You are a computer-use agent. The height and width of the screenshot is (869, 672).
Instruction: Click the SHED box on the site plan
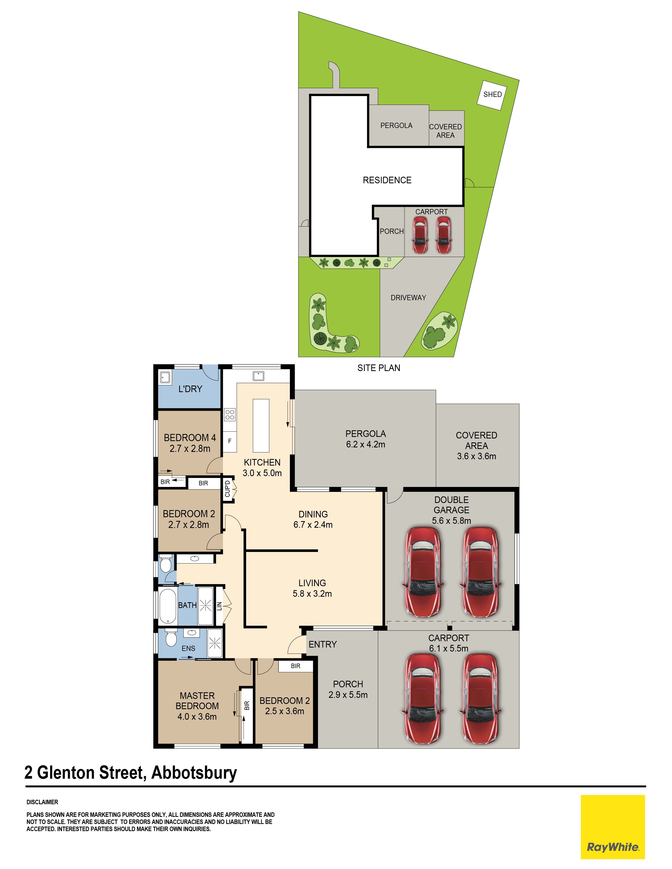(x=493, y=95)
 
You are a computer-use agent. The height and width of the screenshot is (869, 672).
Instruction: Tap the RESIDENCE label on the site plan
(x=387, y=180)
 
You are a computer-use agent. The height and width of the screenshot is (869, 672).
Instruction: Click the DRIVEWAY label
(x=408, y=298)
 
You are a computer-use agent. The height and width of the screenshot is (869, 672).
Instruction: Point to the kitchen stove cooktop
(x=230, y=414)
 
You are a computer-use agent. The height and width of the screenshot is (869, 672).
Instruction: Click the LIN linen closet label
(x=219, y=606)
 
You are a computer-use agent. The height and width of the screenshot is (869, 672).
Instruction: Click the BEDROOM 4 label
(x=190, y=438)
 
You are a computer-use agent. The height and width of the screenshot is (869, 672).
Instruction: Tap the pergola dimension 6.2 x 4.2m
(x=366, y=445)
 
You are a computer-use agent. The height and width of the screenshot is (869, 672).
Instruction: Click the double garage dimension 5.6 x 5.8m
(x=451, y=520)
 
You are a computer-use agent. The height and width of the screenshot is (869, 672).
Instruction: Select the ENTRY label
(x=323, y=644)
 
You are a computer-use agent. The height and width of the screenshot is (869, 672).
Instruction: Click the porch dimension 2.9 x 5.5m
(x=348, y=695)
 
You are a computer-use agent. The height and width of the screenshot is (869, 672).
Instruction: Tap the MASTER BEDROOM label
(x=197, y=701)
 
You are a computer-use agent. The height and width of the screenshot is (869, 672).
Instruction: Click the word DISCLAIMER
(x=42, y=802)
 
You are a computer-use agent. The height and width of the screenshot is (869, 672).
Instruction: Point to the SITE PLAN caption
(x=379, y=368)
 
